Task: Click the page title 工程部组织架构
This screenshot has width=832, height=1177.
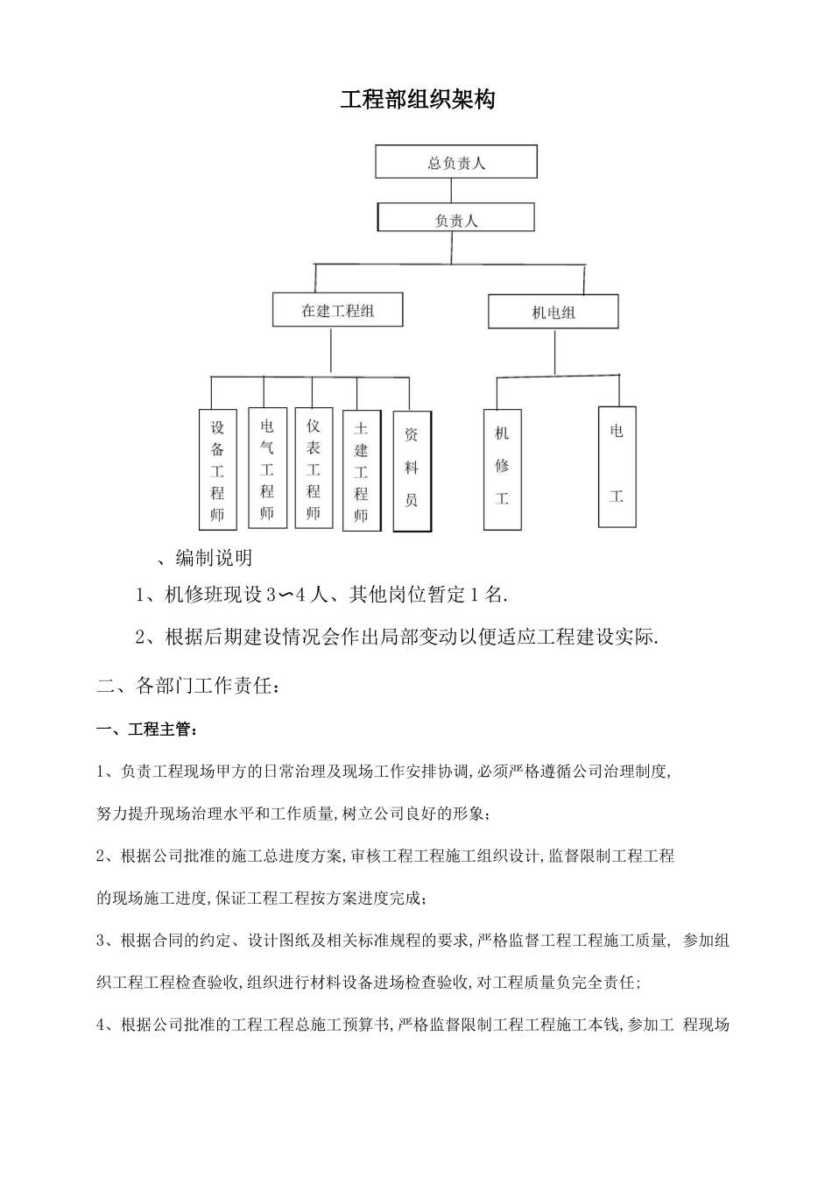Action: coord(418,100)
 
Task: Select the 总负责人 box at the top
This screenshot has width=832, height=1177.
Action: coord(455,163)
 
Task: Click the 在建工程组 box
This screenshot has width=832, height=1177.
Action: coord(338,310)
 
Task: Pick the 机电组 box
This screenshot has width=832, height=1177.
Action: coord(553,312)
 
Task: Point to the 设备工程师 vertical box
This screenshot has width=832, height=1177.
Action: coord(218,470)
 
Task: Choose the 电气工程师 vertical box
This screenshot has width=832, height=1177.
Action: coord(267,469)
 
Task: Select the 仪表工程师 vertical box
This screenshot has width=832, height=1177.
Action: coord(314,469)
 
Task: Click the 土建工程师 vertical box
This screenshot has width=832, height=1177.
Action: coord(361,471)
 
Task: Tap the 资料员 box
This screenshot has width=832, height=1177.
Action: coord(412,471)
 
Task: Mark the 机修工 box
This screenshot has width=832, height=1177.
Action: coord(502,469)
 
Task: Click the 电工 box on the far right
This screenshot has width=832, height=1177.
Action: coord(617,467)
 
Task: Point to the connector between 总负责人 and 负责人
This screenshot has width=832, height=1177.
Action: coord(455,191)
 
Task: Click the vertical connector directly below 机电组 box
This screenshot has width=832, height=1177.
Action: coord(553,352)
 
